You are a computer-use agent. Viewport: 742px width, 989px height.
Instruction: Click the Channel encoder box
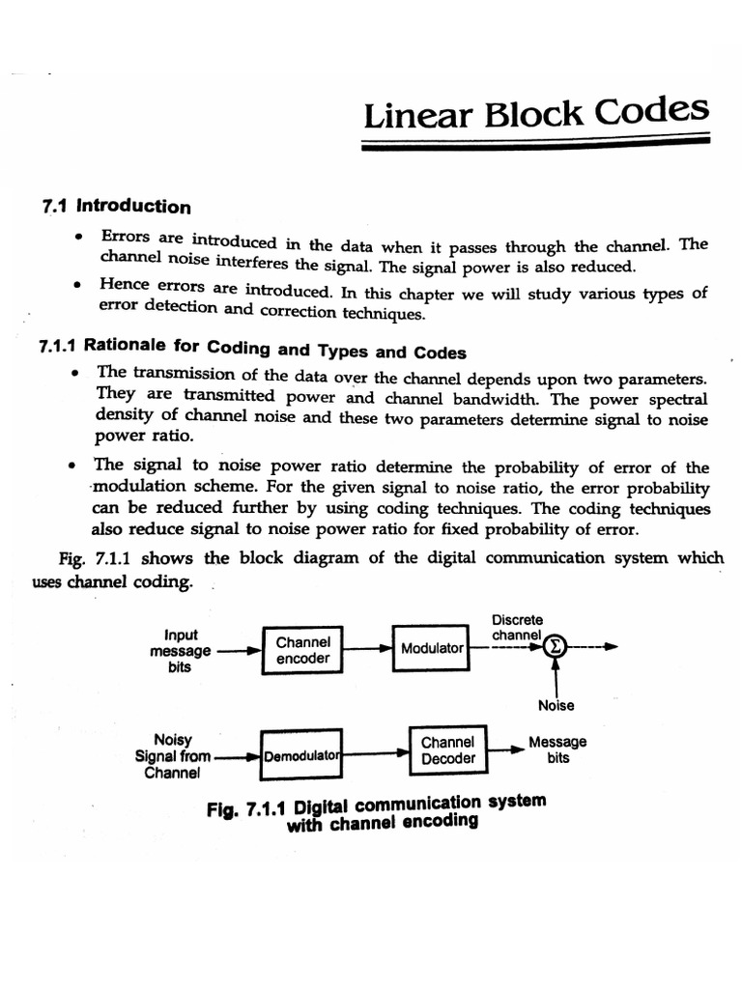pyautogui.click(x=303, y=650)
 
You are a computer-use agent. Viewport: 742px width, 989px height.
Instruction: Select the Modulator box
pyautogui.click(x=432, y=648)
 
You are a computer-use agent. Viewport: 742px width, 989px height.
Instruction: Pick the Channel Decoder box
pyautogui.click(x=448, y=750)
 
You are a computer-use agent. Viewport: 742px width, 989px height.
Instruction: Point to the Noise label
pyautogui.click(x=556, y=705)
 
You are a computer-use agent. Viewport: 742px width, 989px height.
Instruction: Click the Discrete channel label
pyautogui.click(x=517, y=628)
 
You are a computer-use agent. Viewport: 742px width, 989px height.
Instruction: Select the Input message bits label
pyautogui.click(x=181, y=651)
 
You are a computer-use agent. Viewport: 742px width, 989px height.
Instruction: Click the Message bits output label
pyautogui.click(x=557, y=750)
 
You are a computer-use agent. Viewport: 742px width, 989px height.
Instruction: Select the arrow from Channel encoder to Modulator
pyautogui.click(x=367, y=649)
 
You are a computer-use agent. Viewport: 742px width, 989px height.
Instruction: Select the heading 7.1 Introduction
pyautogui.click(x=117, y=206)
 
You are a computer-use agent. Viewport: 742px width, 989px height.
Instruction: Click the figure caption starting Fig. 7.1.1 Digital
pyautogui.click(x=377, y=811)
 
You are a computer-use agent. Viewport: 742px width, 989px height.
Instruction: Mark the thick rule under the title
pyautogui.click(x=536, y=143)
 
